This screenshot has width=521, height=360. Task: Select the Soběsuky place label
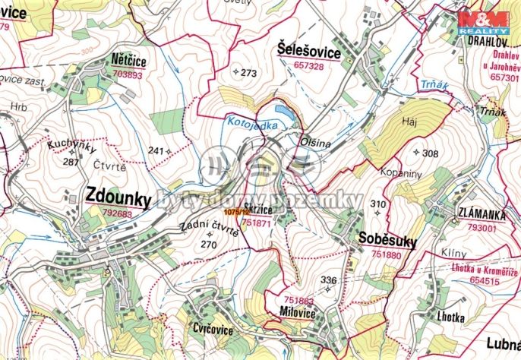pos(387,242)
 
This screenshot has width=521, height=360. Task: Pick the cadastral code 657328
pos(308,67)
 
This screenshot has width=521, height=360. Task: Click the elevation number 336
pos(328,281)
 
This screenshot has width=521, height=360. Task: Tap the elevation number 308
pos(430,153)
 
